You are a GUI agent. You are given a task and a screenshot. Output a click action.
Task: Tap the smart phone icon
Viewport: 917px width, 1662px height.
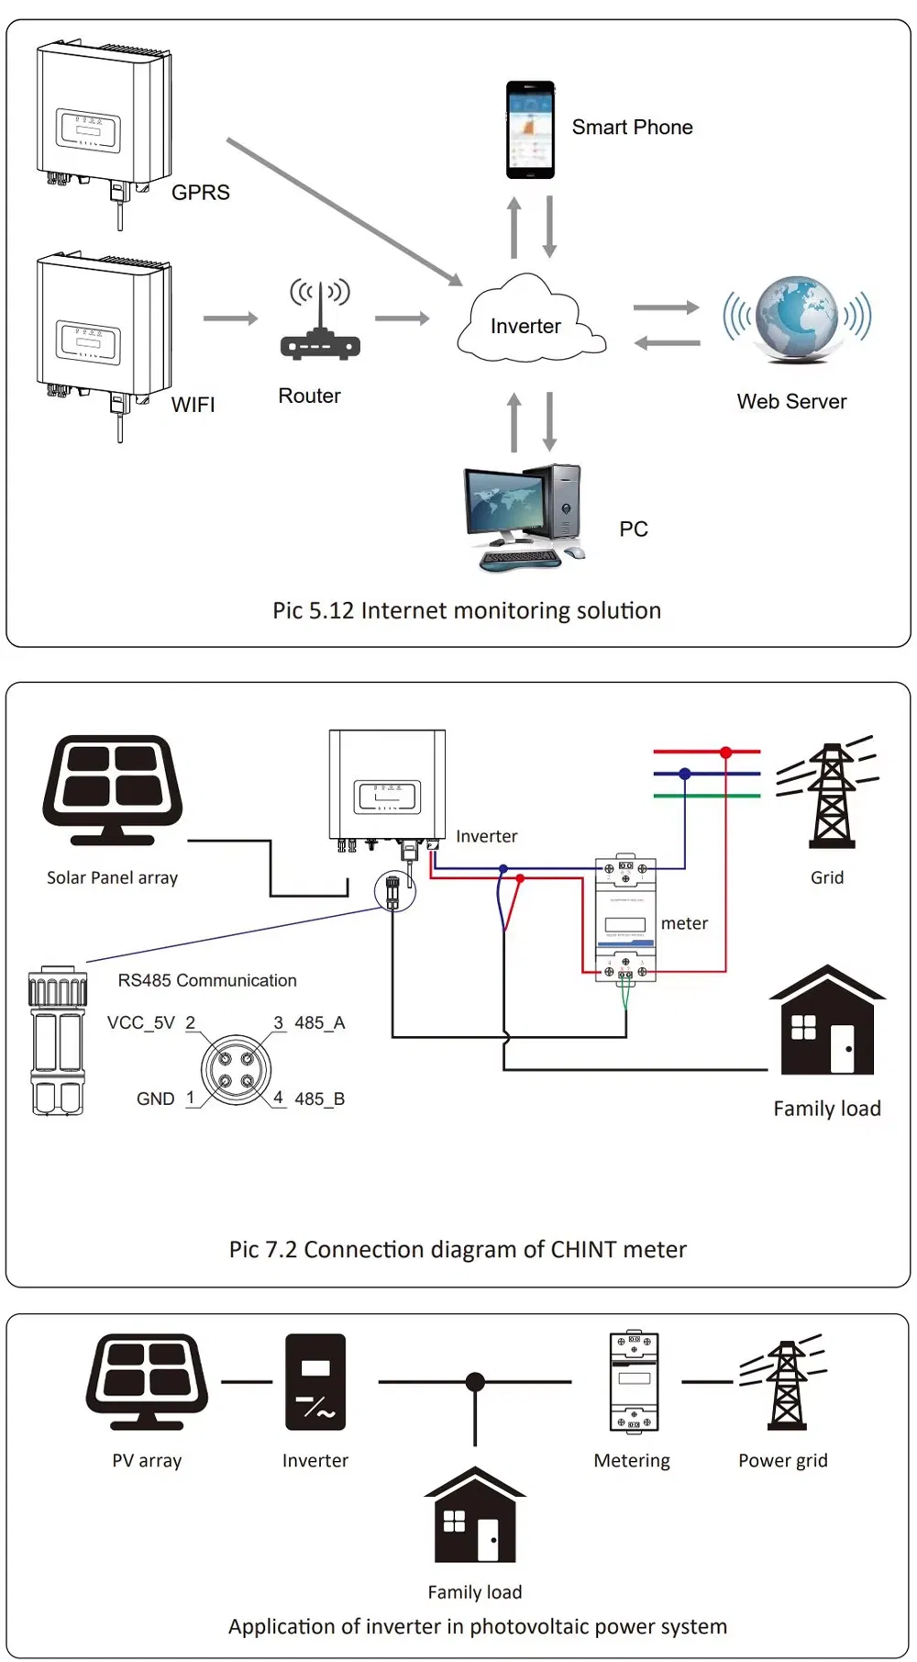[530, 129]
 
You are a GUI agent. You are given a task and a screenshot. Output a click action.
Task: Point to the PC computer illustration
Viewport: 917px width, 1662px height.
[523, 517]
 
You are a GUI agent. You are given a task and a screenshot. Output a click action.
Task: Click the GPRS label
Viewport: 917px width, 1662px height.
[201, 193]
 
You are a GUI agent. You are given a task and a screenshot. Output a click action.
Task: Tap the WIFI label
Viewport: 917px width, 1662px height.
[193, 405]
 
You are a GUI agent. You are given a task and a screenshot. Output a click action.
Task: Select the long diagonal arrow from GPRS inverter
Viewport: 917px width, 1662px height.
[344, 211]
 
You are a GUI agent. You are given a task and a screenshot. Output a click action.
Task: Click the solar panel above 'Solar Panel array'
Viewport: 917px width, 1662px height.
[112, 790]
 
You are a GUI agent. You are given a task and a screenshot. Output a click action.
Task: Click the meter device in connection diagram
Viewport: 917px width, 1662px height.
[625, 920]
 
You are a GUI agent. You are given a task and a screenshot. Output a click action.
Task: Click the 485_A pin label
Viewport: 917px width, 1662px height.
[319, 1022]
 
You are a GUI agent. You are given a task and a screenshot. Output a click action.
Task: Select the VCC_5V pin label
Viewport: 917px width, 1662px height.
[141, 1022]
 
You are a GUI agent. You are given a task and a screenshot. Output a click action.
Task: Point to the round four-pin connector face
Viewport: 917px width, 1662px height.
[236, 1069]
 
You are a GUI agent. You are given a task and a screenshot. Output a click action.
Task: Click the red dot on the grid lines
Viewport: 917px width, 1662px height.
[725, 753]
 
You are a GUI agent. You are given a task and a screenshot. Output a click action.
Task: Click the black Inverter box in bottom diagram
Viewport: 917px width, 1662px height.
[315, 1381]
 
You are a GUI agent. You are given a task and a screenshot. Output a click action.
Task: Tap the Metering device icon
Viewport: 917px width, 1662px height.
[634, 1381]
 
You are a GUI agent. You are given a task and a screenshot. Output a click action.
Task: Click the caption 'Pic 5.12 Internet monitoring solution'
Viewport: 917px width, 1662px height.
[466, 610]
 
